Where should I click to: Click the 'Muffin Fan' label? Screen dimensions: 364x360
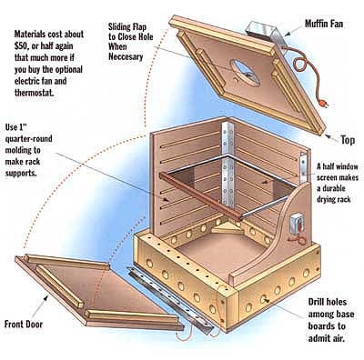[x=324, y=24]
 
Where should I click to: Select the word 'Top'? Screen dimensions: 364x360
[x=348, y=140]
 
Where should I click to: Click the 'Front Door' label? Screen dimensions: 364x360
[x=24, y=325]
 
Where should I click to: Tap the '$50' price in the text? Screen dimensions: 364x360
[x=21, y=45]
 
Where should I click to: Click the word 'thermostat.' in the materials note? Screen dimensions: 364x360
[x=35, y=92]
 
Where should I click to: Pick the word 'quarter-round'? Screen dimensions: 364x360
[x=29, y=139]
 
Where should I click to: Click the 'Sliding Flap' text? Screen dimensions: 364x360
[x=127, y=27]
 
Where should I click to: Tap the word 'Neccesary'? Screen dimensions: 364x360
[x=126, y=56]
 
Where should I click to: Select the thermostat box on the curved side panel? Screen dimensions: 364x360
[x=297, y=224]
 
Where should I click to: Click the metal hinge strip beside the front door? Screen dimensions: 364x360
[x=172, y=300]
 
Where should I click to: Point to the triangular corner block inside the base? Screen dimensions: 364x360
[x=226, y=227]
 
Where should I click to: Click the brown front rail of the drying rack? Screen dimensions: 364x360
[x=201, y=195]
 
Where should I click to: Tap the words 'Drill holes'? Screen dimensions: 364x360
[x=323, y=302]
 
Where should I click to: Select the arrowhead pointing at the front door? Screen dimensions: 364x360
[x=45, y=298]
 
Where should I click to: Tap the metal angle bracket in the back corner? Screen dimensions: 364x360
[x=227, y=165]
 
